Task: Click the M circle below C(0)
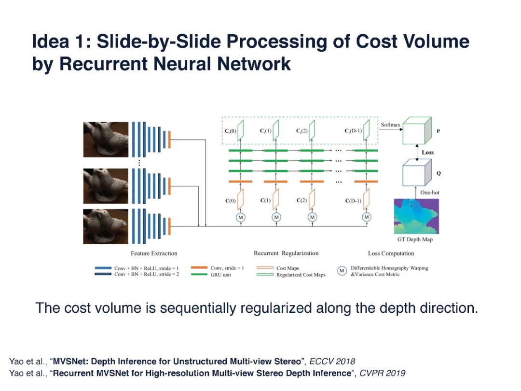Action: (x=240, y=218)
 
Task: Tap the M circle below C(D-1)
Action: (x=367, y=218)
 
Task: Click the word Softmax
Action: (x=391, y=125)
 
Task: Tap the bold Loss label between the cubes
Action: (x=427, y=153)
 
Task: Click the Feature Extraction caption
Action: (x=154, y=253)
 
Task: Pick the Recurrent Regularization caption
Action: (x=286, y=253)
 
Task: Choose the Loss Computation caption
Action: (x=391, y=253)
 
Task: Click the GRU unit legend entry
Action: (x=223, y=274)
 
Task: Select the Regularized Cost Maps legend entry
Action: (x=301, y=275)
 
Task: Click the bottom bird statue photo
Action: (x=106, y=225)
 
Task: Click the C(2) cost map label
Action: (x=302, y=201)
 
